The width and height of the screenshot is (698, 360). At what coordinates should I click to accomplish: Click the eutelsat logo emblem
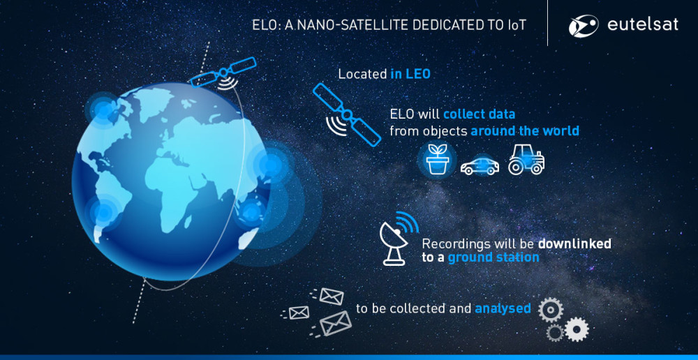(x=583, y=25)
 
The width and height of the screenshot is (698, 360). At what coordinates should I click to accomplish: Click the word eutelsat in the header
(x=643, y=25)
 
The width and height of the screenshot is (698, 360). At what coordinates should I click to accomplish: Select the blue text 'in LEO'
(x=410, y=74)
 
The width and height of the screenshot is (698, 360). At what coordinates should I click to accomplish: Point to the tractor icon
(x=526, y=159)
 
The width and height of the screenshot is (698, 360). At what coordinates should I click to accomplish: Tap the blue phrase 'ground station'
(x=493, y=257)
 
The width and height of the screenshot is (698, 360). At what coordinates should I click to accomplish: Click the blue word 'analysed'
(x=503, y=308)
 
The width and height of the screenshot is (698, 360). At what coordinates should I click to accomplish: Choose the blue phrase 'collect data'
(x=479, y=114)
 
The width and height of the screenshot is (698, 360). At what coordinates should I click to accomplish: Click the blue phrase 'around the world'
(x=525, y=131)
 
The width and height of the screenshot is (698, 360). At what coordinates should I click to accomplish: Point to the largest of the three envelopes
(x=335, y=323)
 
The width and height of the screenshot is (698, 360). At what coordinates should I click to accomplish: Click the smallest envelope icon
(x=299, y=313)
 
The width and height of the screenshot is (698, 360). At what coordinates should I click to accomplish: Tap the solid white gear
(x=577, y=330)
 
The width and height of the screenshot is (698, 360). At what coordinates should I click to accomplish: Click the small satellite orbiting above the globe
(x=223, y=73)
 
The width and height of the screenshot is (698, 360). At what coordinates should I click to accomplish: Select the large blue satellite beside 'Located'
(x=347, y=115)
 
